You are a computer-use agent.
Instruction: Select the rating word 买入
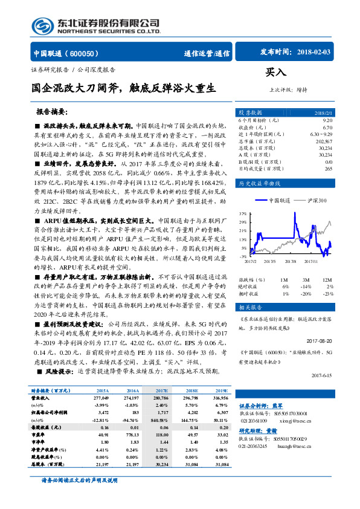(275, 73)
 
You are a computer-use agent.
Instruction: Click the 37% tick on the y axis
(243, 214)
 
